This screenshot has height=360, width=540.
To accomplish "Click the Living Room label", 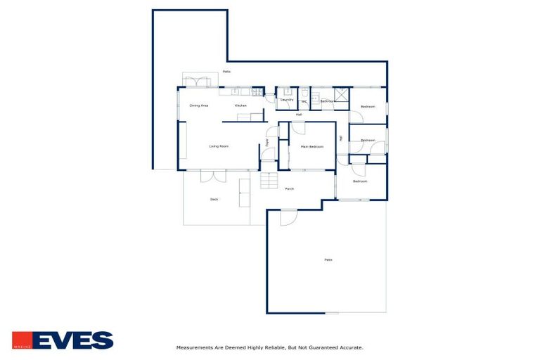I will [219, 146].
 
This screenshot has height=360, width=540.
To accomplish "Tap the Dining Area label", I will [199, 105].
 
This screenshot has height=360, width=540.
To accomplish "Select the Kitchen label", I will [240, 105].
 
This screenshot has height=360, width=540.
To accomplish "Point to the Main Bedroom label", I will [311, 146].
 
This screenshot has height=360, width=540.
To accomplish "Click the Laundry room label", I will [287, 100].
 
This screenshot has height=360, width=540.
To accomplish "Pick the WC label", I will [304, 101].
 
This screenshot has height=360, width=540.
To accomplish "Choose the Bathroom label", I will [327, 101].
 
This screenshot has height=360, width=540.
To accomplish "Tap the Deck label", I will [214, 199].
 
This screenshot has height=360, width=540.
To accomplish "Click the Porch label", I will [289, 188].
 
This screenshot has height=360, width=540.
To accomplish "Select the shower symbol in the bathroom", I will [341, 96].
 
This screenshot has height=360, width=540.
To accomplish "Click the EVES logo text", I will [72, 341].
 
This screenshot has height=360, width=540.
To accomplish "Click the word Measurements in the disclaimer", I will [194, 347].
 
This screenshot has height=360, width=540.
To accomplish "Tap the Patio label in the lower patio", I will [328, 260].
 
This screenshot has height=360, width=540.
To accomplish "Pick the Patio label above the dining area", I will [226, 72].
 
